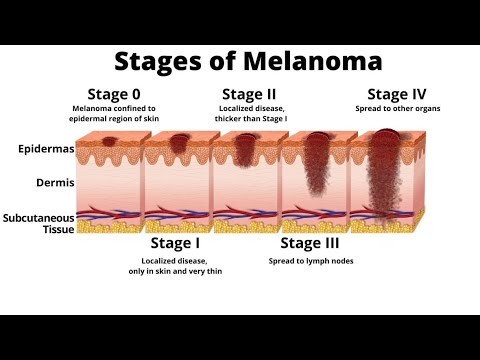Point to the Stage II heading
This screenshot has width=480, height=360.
[x=252, y=94]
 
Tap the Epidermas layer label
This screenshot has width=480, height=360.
[x=44, y=150]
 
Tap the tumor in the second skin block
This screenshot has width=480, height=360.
[x=180, y=145]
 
